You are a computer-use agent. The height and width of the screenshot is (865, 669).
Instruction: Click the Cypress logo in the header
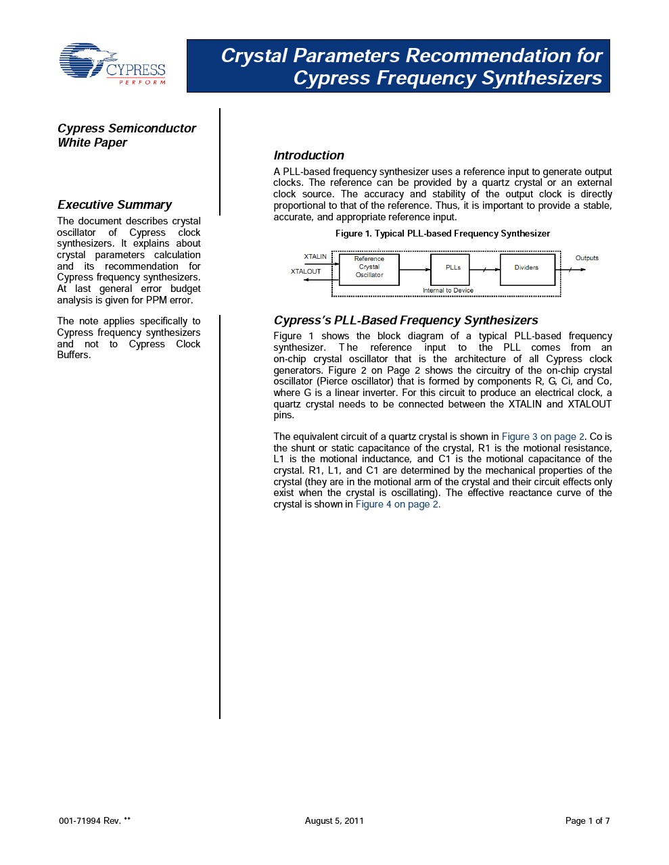[112, 65]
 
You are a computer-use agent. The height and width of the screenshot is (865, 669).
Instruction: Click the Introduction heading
[308, 155]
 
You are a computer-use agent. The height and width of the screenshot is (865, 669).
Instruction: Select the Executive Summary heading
[114, 205]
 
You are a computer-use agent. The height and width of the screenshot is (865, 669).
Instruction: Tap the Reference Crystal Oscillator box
[369, 269]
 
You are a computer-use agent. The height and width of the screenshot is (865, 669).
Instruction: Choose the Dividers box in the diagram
[527, 269]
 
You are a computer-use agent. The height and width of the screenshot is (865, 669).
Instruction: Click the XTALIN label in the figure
[315, 257]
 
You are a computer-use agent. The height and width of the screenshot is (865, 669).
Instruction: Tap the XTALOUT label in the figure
[306, 272]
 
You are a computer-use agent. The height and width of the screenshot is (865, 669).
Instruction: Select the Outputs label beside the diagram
[586, 258]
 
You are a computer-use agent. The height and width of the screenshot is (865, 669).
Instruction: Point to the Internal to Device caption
[448, 291]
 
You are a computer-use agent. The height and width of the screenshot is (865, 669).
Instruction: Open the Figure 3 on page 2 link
[543, 437]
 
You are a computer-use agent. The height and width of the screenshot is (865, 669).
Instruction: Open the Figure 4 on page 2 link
[398, 504]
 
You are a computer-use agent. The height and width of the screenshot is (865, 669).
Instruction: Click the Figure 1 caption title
[442, 234]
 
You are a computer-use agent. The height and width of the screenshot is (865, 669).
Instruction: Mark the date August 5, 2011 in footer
[334, 821]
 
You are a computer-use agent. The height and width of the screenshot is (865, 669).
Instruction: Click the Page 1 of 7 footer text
[587, 821]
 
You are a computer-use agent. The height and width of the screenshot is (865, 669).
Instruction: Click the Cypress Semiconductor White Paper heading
[126, 135]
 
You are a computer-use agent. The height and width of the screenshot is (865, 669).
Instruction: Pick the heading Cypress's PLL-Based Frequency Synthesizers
[406, 320]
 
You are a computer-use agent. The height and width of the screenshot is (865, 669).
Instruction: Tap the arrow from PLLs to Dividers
[484, 270]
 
